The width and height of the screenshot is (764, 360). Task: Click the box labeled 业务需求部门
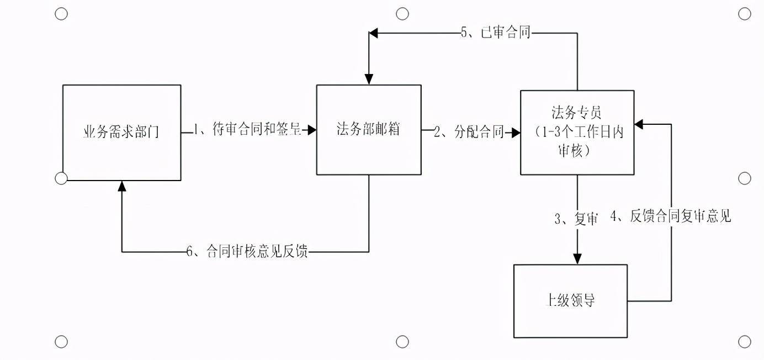[121, 133]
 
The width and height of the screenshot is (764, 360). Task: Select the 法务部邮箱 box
[368, 130]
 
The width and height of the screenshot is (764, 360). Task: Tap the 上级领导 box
[570, 301]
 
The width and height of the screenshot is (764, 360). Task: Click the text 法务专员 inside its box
[576, 113]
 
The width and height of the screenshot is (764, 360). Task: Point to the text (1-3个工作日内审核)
[576, 141]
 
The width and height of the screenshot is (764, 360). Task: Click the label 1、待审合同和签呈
[247, 130]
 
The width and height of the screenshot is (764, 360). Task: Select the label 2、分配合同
[469, 132]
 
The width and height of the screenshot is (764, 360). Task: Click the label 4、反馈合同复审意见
[670, 216]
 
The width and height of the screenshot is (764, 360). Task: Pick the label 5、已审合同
[495, 33]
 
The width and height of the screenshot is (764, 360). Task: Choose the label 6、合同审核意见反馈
[247, 252]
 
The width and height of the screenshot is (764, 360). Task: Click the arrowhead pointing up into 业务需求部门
[122, 186]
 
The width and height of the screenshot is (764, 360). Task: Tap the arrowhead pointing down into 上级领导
[577, 259]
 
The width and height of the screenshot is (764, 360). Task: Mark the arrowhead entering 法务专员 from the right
[639, 124]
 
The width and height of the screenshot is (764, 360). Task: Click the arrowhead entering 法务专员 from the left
[516, 133]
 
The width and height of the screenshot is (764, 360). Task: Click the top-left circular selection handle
[61, 14]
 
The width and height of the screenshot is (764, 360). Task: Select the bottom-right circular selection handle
[744, 342]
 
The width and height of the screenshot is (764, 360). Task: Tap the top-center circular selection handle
[403, 14]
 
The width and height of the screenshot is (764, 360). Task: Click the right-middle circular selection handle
[744, 178]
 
